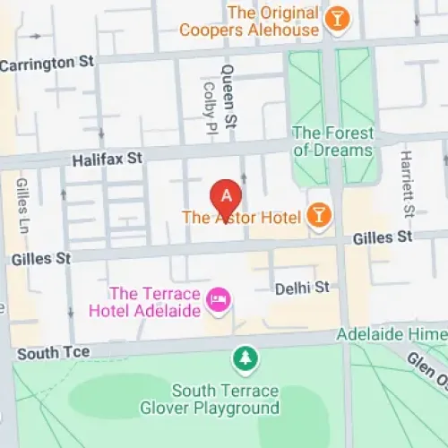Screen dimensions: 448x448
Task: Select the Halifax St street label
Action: point(107,159)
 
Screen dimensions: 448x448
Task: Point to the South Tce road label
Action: point(53,352)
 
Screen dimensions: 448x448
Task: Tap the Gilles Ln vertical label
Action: point(22,206)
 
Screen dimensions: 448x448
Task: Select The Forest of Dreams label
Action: point(332,142)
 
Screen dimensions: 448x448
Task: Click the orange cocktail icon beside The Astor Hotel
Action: point(317,216)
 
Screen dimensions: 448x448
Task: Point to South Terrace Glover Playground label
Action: point(226,400)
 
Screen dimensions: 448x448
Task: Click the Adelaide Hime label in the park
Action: point(391,334)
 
